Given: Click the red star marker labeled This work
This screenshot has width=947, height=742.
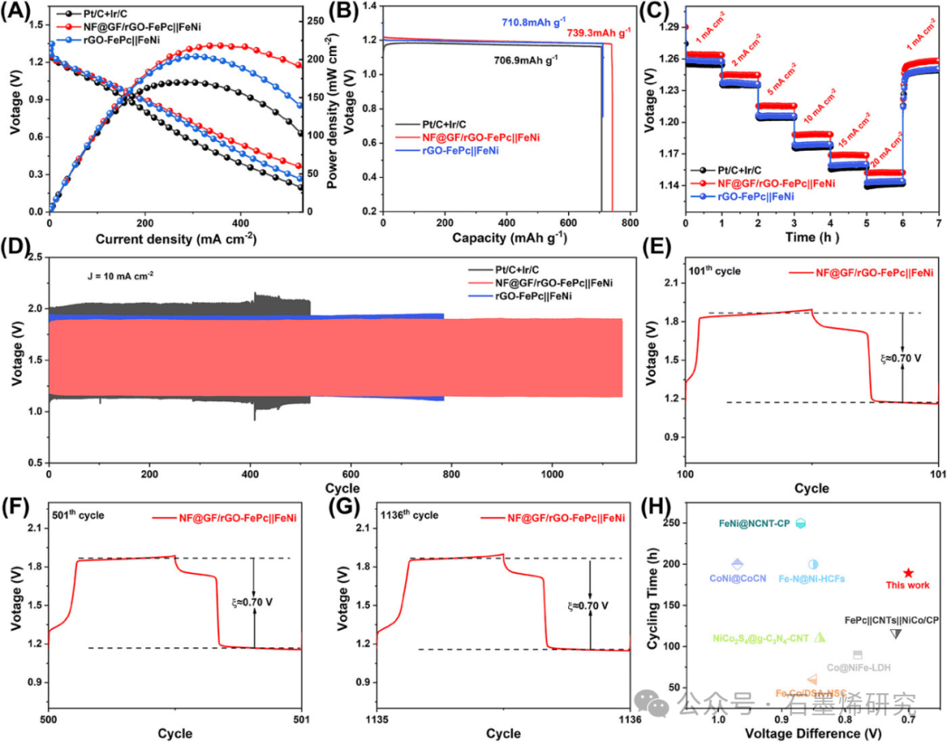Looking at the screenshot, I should click(908, 572).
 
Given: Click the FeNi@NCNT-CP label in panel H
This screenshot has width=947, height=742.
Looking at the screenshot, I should click(748, 524).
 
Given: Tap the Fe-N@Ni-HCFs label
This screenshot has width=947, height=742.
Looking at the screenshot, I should click(810, 578).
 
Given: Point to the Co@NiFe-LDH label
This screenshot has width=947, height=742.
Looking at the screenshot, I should click(858, 668).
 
